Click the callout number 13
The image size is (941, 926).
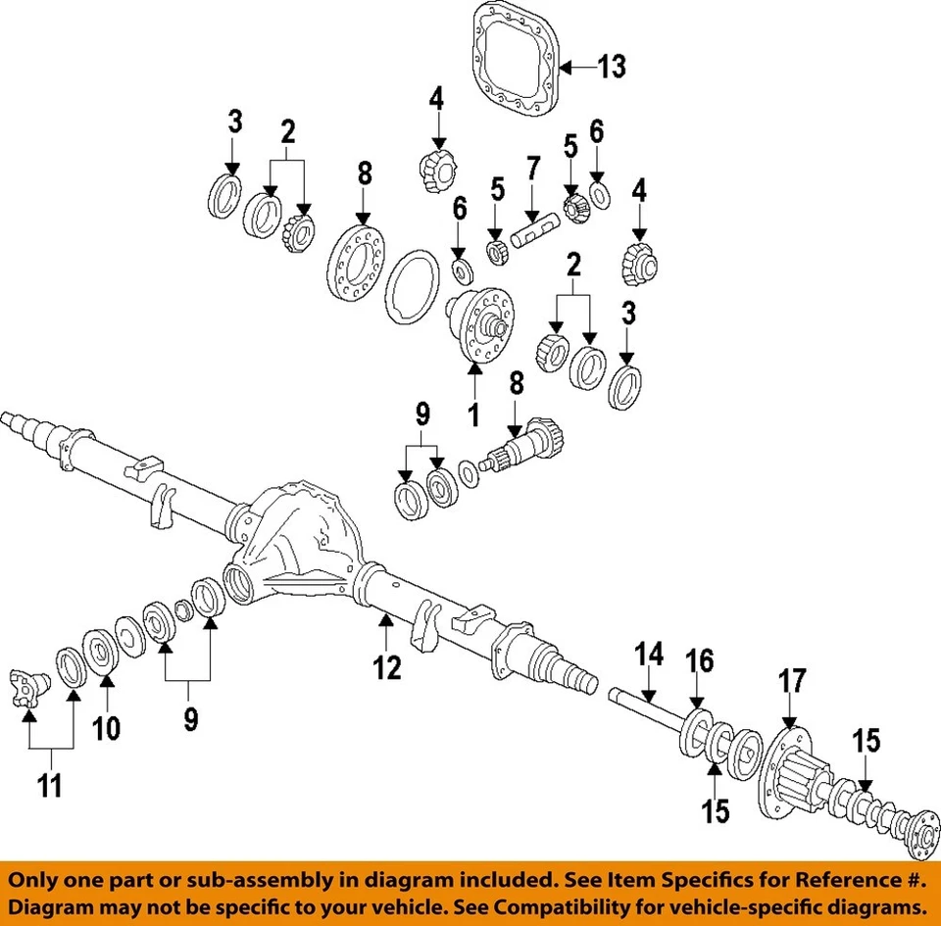611,67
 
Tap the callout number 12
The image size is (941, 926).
387,668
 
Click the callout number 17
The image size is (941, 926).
792,680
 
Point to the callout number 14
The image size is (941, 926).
648,654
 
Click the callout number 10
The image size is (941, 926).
107,728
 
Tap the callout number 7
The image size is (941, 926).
532,167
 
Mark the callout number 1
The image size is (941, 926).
473,415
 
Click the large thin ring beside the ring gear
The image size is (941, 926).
411,285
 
